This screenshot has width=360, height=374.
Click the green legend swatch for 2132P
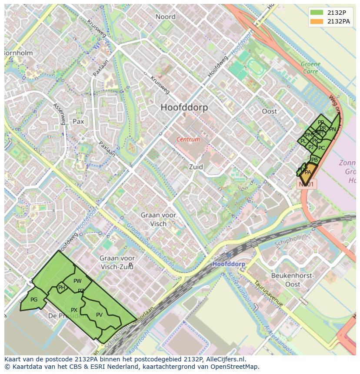click(317, 13)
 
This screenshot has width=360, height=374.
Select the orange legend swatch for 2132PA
click(317, 21)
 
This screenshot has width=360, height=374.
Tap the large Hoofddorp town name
click(184, 107)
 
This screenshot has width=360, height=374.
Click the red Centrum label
click(188, 139)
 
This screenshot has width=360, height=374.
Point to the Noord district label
click(166, 17)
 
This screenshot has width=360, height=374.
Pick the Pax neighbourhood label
click(78, 122)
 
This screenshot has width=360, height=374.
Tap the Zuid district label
click(196, 167)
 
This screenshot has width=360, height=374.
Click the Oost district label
click(269, 111)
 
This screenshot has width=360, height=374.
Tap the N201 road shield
click(307, 184)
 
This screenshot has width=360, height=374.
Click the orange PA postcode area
click(308, 172)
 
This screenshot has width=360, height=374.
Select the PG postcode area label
click(34, 300)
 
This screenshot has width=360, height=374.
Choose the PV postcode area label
click(99, 315)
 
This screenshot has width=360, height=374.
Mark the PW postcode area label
click(77, 281)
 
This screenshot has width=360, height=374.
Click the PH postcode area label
click(62, 288)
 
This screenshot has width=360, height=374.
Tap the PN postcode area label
click(332, 129)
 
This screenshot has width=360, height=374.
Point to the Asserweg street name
click(59, 114)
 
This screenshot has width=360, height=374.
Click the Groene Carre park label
click(310, 67)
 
